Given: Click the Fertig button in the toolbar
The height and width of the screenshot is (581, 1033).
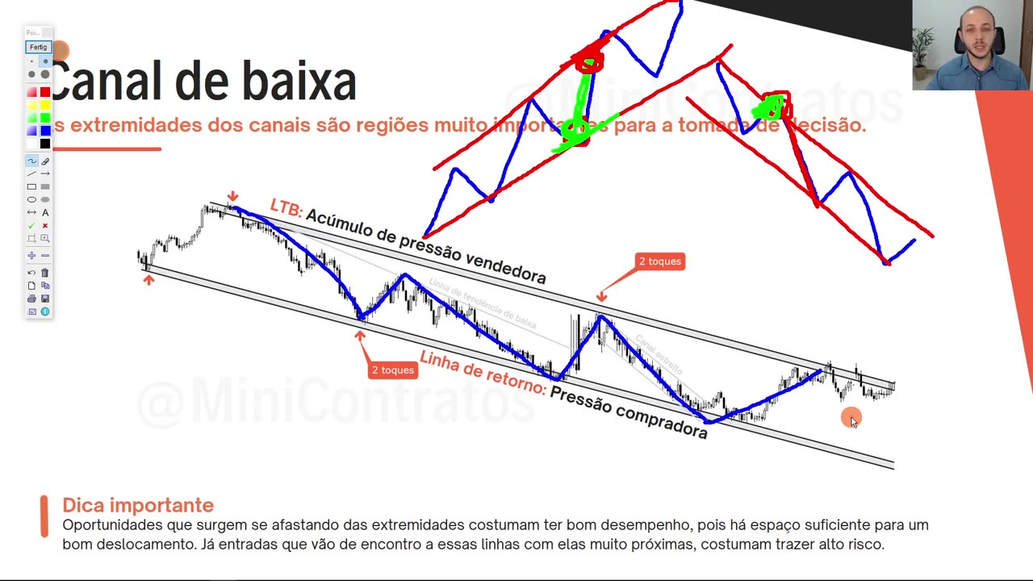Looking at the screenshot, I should pos(38,47).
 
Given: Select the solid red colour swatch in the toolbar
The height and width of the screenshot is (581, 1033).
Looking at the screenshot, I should pos(45,92).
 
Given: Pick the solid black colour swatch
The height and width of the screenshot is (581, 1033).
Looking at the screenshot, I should pos(45,144).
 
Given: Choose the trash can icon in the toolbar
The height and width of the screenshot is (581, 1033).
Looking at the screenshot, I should pos(45,273).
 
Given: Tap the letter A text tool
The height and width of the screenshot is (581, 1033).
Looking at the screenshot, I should pos(45,212).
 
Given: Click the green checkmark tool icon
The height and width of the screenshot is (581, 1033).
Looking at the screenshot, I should pos(31,225).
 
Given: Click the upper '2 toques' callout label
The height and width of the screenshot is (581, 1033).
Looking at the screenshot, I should pos(659,261).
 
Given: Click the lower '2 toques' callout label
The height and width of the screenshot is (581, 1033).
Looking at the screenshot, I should pos(392,370).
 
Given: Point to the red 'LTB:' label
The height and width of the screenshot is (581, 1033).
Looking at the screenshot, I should pos(286,207).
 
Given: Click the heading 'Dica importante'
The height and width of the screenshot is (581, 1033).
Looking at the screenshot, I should pos(138,505).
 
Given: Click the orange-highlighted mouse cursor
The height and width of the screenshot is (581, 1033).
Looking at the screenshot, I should pos(851,418).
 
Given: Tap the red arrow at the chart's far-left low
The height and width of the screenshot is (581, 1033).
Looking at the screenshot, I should pos(148,280).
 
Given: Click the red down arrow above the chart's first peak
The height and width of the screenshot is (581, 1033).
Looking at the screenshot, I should pos(232,196).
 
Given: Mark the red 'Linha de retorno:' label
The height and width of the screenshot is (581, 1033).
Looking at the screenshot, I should pos(483,372).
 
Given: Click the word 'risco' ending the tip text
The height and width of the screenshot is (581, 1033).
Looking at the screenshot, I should pos(866,544).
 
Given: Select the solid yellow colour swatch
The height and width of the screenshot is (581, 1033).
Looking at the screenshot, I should pos(45,105).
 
